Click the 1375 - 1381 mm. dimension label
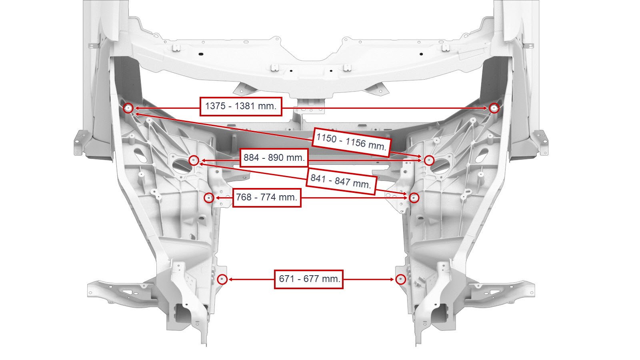click(x=241, y=106)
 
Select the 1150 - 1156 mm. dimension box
click(x=352, y=142)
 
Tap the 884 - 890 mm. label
click(x=274, y=158)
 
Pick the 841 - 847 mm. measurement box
click(x=341, y=182)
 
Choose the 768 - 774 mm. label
click(x=267, y=198)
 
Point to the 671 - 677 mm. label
click(x=308, y=279)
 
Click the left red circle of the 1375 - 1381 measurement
click(x=128, y=108)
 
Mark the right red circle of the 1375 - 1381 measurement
click(x=494, y=108)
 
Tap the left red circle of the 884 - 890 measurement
click(x=194, y=160)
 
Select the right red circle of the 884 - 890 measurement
click(x=429, y=160)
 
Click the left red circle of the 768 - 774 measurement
click(x=209, y=198)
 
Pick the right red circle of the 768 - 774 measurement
click(x=414, y=198)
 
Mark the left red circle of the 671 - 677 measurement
click(x=222, y=279)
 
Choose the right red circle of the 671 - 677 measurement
click(x=401, y=279)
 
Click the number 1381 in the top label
click(x=244, y=106)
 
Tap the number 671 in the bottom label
click(x=286, y=279)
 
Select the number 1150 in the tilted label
click(x=326, y=138)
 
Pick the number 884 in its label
click(x=252, y=158)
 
